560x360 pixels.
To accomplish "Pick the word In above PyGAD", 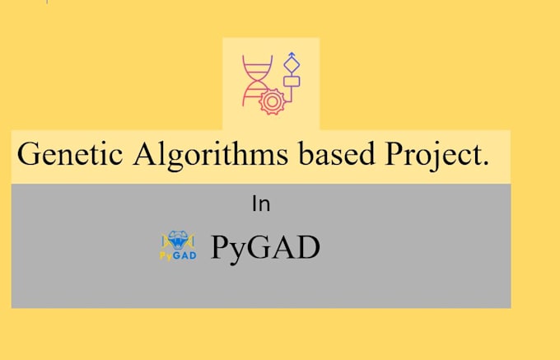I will pyautogui.click(x=261, y=204).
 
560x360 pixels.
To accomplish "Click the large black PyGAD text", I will pyautogui.click(x=264, y=247).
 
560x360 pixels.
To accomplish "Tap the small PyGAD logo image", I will pyautogui.click(x=178, y=246).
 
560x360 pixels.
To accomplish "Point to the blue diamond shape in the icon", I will pyautogui.click(x=291, y=64).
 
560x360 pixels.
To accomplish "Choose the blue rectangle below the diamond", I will pyautogui.click(x=291, y=82).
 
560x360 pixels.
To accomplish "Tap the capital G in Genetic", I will pyautogui.click(x=27, y=155).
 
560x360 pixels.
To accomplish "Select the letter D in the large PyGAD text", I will pyautogui.click(x=306, y=247).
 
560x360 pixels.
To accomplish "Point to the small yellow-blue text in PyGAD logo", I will pyautogui.click(x=178, y=255).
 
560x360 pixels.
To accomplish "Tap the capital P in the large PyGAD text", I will pyautogui.click(x=220, y=247).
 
